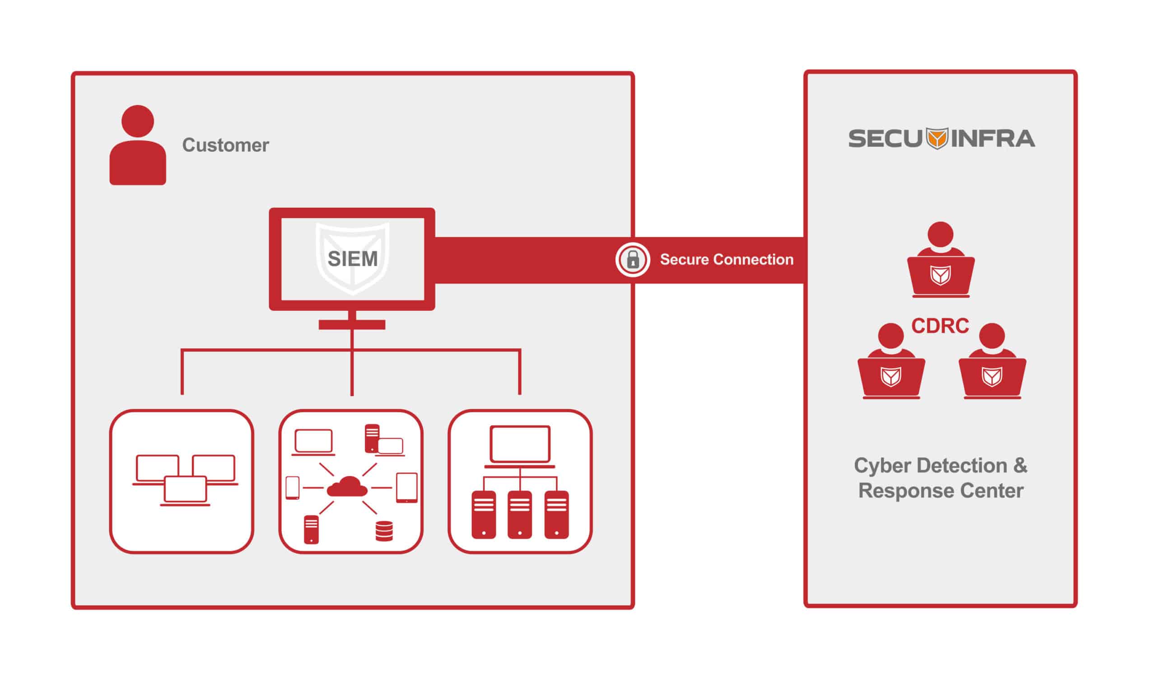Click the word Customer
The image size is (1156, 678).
pyautogui.click(x=225, y=145)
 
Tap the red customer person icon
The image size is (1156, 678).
pyautogui.click(x=138, y=147)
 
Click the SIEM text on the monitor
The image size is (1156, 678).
pyautogui.click(x=352, y=259)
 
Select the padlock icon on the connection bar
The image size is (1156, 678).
pyautogui.click(x=633, y=260)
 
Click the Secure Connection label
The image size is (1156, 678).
pyautogui.click(x=727, y=260)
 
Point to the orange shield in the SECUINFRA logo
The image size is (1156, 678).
pyautogui.click(x=937, y=139)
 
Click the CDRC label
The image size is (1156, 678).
pyautogui.click(x=940, y=326)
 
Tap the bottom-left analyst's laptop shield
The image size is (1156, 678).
pyautogui.click(x=891, y=377)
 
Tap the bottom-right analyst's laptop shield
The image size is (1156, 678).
pyautogui.click(x=992, y=377)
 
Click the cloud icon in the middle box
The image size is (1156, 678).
pyautogui.click(x=347, y=487)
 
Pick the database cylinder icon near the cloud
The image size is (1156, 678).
pyautogui.click(x=384, y=531)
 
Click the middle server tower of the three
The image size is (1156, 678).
pyautogui.click(x=520, y=514)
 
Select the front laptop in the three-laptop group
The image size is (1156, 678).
pyautogui.click(x=185, y=491)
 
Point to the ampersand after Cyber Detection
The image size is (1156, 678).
pyautogui.click(x=1020, y=465)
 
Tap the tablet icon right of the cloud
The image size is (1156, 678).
pyautogui.click(x=407, y=488)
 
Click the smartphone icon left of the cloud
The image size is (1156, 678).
pyautogui.click(x=292, y=488)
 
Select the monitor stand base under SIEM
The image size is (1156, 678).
pyautogui.click(x=352, y=325)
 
